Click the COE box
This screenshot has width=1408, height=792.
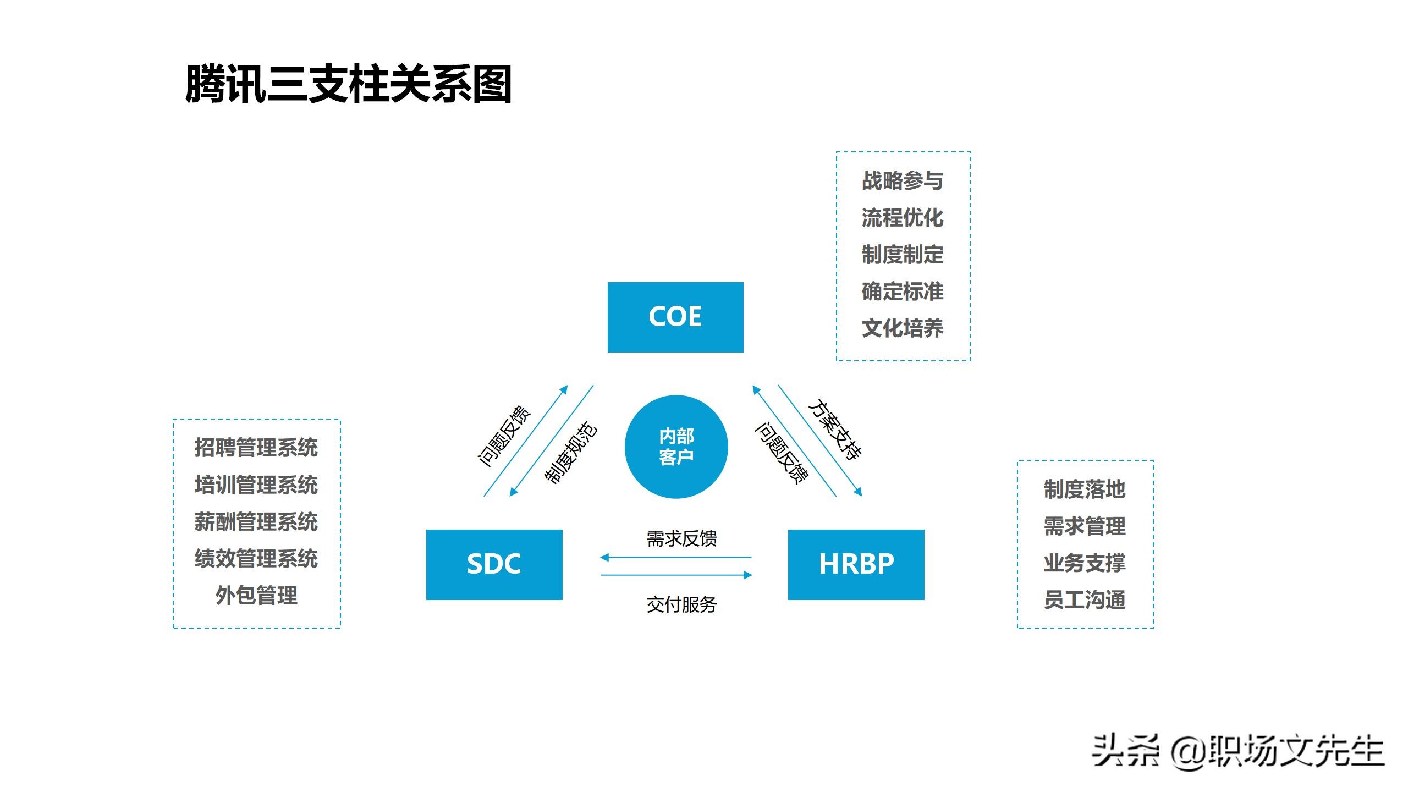[675, 317]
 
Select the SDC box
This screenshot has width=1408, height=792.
[494, 564]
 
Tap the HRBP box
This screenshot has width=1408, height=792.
[856, 564]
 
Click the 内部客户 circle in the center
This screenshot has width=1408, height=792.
[676, 447]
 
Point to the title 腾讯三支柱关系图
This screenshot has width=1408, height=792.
[349, 84]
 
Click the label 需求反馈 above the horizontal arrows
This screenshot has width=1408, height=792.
[681, 538]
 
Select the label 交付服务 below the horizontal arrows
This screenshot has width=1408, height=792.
[681, 604]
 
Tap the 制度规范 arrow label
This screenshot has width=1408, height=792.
[570, 453]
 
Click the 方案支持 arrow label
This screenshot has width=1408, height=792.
[834, 430]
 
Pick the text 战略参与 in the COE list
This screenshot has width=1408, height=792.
[903, 181]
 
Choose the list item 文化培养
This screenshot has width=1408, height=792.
[903, 328]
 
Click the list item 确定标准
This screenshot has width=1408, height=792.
[903, 291]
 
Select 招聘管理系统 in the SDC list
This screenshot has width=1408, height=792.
[256, 448]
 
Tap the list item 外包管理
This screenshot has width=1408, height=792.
[256, 595]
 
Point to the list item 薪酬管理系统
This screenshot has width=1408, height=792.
[256, 521]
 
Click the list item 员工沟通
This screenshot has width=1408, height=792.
[1085, 599]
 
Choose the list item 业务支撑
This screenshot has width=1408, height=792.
[1085, 563]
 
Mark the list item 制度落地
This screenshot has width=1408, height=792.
[1085, 489]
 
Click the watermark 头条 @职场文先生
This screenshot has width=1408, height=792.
[1237, 751]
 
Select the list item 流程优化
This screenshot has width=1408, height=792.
[903, 218]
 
